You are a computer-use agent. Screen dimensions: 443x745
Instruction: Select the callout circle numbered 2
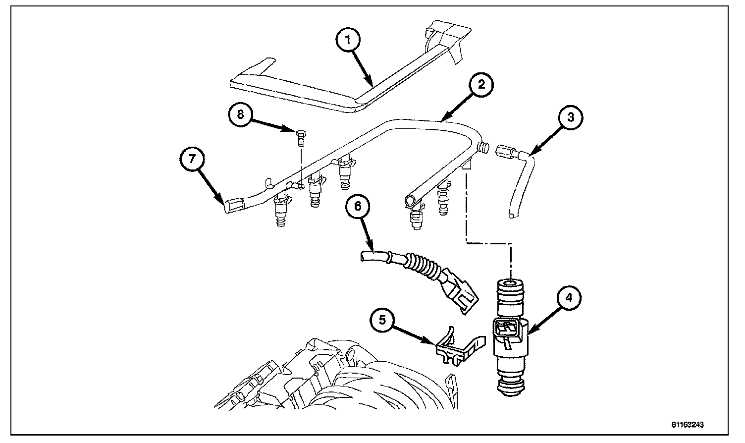pyautogui.click(x=475, y=85)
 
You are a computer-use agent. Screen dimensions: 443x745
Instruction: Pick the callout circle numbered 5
pyautogui.click(x=382, y=321)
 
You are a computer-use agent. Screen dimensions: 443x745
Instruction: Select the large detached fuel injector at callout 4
pyautogui.click(x=511, y=337)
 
